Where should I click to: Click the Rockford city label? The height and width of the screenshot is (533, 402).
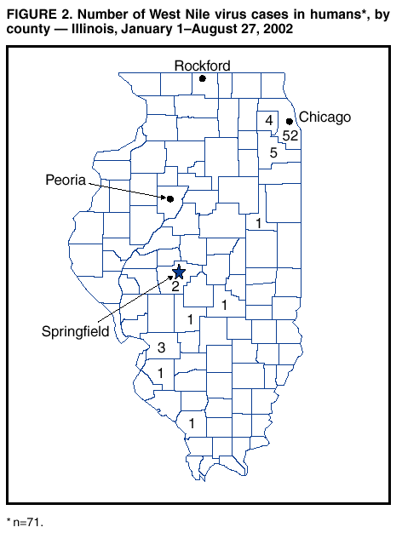203,66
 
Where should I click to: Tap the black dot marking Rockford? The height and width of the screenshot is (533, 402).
203,78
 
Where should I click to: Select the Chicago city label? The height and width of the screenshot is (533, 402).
324,117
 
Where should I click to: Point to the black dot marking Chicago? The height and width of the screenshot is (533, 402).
290,122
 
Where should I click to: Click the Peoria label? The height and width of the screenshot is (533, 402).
65,180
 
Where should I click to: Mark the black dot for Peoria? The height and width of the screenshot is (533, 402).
169,199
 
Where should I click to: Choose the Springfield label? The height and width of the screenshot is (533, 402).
75,331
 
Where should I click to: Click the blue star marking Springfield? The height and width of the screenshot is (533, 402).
178,272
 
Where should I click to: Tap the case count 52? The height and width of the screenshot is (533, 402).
290,136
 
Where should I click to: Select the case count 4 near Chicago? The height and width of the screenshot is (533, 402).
269,121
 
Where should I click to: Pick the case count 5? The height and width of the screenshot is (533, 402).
273,153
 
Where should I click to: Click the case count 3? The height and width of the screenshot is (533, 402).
161,347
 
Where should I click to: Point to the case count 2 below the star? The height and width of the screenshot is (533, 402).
175,286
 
